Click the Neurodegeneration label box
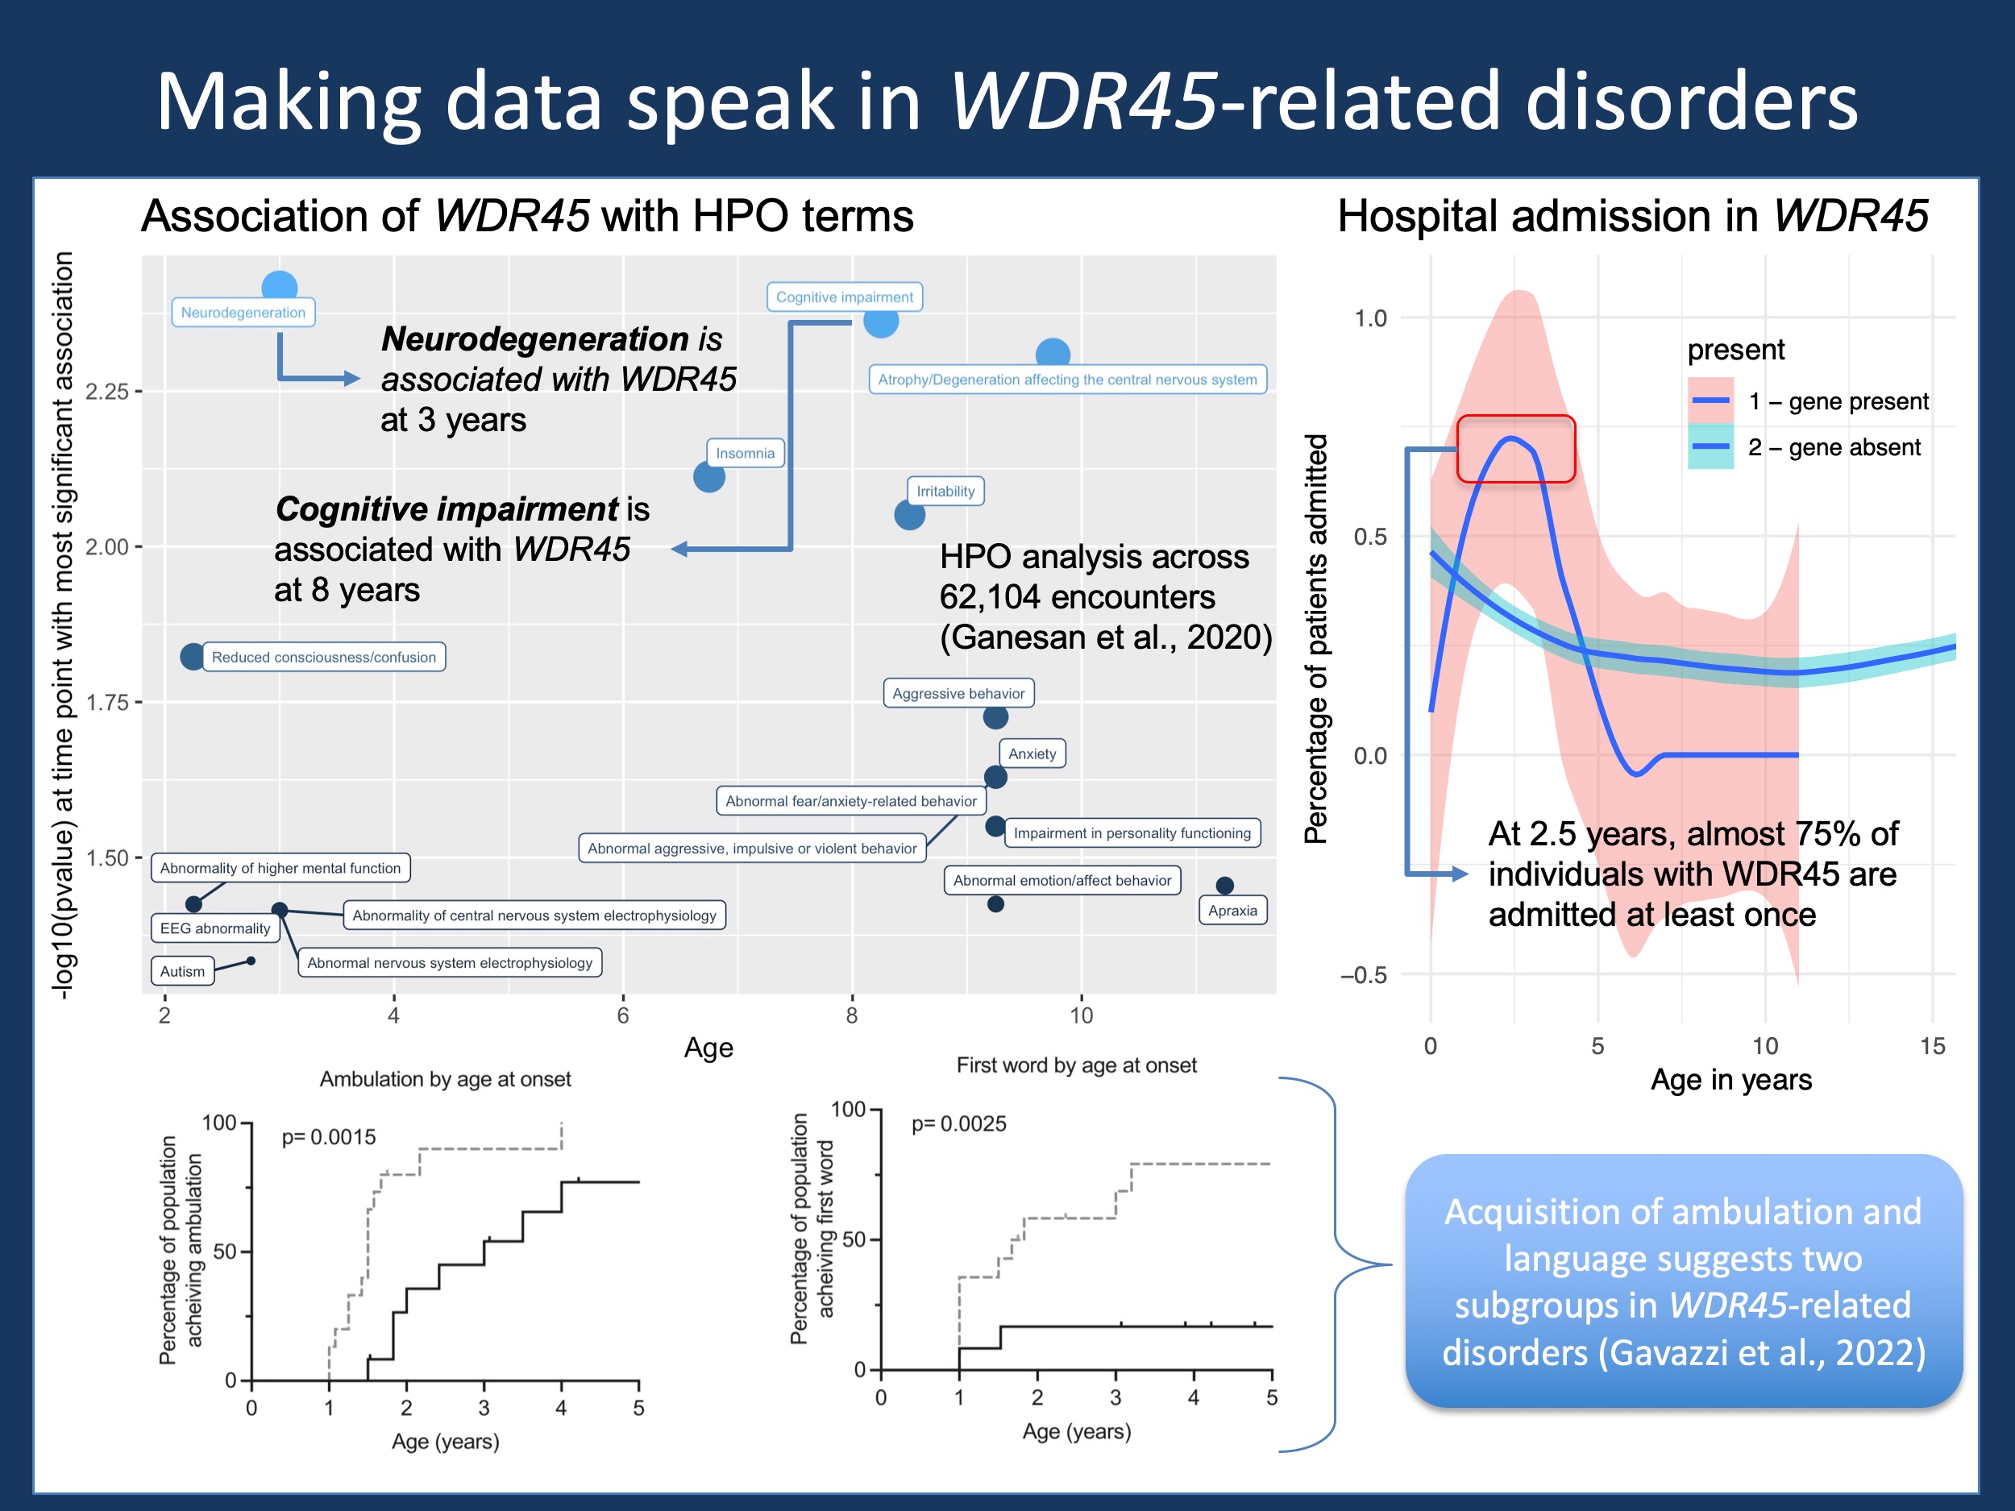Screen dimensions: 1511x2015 243,313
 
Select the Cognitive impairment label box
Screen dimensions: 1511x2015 844,297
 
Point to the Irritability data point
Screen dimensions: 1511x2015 909,515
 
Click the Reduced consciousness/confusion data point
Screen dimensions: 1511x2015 192,656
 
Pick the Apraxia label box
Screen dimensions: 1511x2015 1232,910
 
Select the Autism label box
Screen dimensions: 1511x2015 182,971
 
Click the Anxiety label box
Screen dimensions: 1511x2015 1032,753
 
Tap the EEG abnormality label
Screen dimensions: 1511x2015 215,928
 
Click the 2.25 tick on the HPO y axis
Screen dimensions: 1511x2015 107,392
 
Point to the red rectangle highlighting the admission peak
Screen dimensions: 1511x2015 1516,448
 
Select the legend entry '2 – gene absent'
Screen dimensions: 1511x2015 1833,447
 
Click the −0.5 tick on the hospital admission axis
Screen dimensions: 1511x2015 1364,974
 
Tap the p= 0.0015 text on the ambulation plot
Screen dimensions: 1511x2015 328,1136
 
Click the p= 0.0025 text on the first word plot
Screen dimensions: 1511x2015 958,1123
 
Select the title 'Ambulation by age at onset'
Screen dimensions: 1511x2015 446,1079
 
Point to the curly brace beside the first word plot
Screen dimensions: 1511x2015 1335,1264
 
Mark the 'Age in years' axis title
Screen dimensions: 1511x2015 1730,1079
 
